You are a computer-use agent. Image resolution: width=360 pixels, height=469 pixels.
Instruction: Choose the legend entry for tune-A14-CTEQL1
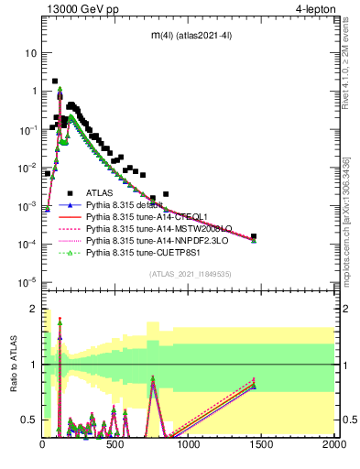[141, 216]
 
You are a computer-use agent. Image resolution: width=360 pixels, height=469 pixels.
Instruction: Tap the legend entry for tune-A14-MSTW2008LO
[150, 228]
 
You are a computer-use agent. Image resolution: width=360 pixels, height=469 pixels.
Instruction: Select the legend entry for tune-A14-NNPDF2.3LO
[151, 240]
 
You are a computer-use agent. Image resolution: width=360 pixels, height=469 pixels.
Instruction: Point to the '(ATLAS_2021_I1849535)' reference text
[188, 273]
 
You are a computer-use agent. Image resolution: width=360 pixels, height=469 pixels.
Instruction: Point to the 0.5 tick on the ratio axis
[31, 420]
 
